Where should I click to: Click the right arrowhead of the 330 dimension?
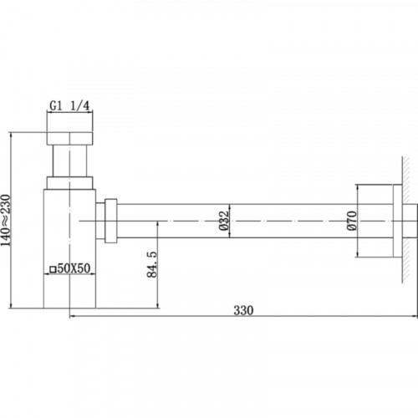[413, 317]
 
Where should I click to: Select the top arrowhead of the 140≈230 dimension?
[9, 132]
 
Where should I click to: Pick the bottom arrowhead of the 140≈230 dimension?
[9, 305]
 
